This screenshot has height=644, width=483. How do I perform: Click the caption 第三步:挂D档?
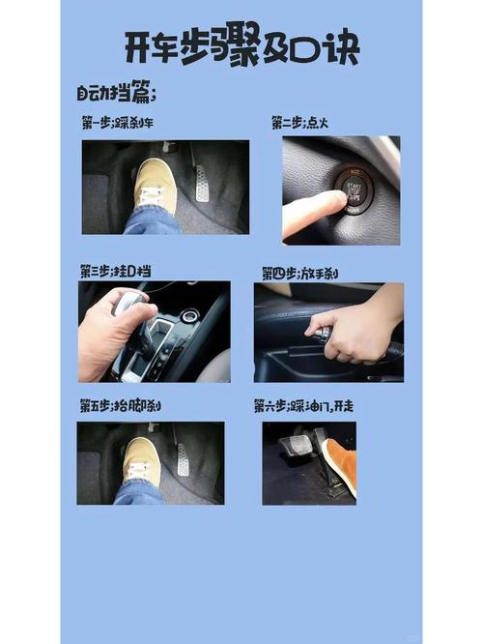coord(115,272)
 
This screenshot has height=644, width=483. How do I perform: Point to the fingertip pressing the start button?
coord(334,200)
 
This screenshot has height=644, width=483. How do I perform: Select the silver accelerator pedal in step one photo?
coord(202,183)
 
